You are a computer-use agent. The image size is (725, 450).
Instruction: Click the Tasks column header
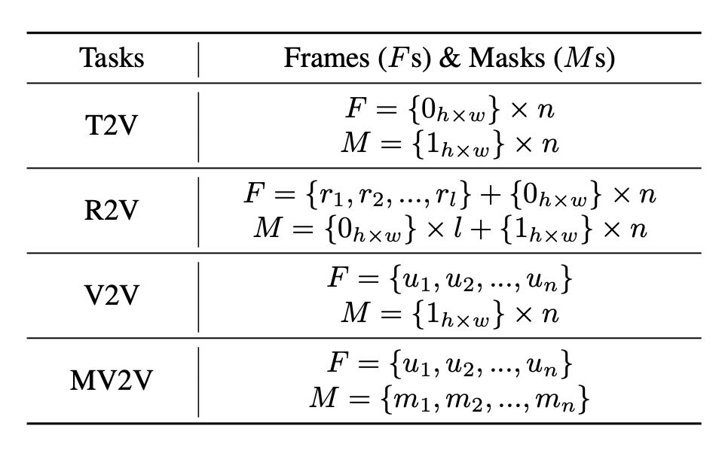(112, 58)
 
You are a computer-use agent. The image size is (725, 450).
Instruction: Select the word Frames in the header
(326, 58)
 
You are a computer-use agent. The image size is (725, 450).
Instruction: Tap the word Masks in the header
(507, 58)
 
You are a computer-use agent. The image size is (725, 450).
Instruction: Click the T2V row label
(112, 125)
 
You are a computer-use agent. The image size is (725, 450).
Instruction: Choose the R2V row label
(112, 210)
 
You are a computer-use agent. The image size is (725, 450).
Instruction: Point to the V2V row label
(112, 295)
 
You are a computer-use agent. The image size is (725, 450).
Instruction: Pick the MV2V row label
(112, 380)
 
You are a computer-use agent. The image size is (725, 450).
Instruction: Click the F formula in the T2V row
(450, 110)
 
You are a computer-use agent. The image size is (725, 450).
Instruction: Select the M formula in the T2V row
(450, 144)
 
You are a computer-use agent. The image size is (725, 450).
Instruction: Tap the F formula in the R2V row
(450, 194)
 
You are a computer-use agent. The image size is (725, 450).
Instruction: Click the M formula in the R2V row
(450, 229)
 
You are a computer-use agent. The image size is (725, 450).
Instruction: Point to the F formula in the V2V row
(450, 278)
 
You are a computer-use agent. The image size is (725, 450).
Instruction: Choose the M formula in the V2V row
(450, 313)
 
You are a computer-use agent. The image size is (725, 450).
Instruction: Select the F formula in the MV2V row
(450, 363)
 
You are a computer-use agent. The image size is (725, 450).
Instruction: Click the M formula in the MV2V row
(450, 398)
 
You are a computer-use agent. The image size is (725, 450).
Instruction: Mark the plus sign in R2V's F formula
(491, 195)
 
